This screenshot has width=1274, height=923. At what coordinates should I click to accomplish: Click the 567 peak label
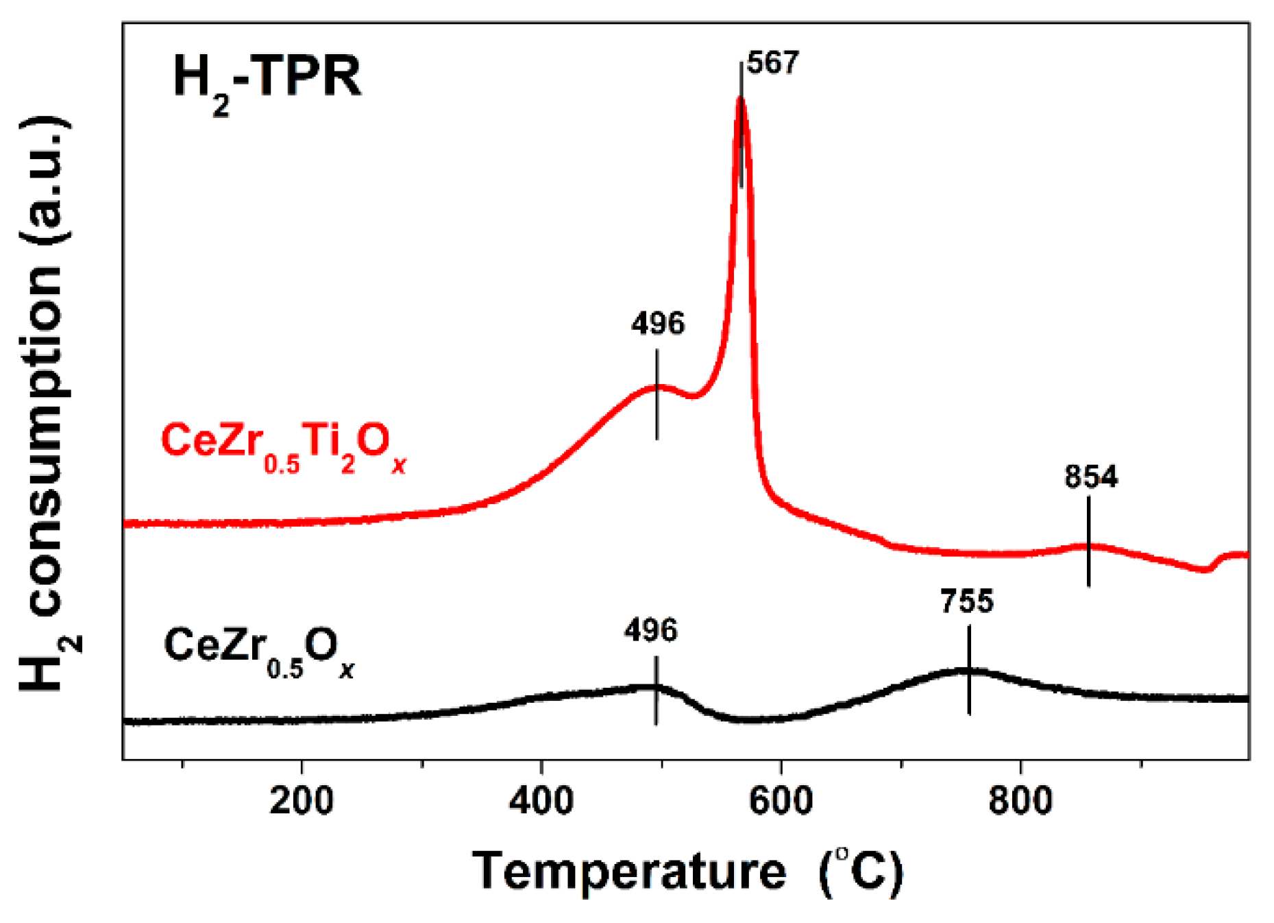[x=773, y=64]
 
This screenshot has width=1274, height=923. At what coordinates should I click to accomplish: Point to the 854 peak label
[x=1090, y=477]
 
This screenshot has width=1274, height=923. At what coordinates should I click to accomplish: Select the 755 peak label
[x=966, y=601]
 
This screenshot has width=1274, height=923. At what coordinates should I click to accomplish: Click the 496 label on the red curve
[x=657, y=324]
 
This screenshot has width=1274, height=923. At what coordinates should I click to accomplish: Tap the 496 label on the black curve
[x=650, y=630]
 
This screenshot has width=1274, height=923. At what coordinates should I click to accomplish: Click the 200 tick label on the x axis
[x=302, y=800]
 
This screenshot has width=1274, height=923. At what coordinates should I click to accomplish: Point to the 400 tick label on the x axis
[x=541, y=800]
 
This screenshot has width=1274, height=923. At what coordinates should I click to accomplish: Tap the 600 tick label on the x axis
[x=781, y=800]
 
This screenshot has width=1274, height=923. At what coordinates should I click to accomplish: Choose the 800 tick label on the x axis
[x=1020, y=800]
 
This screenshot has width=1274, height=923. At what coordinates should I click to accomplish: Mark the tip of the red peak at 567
[x=741, y=99]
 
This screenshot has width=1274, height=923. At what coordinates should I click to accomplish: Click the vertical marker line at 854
[x=1088, y=542]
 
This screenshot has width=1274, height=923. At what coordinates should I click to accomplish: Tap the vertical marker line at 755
[x=969, y=669]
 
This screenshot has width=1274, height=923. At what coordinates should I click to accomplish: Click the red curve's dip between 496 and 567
[x=695, y=396]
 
